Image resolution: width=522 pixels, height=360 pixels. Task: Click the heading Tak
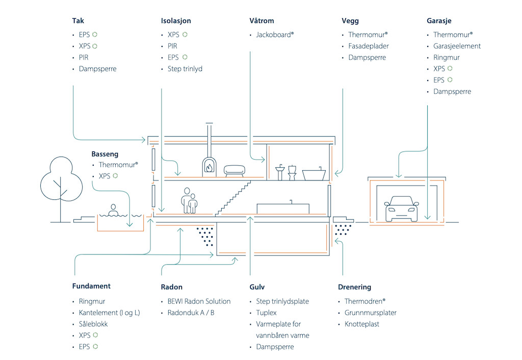[x=77, y=21]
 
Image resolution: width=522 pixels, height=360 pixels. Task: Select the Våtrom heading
[x=262, y=21]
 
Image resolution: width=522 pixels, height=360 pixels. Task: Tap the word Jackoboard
[x=274, y=35]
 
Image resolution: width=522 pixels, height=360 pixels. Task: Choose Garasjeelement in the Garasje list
[x=457, y=46]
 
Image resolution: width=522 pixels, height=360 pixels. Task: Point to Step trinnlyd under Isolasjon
[x=185, y=68]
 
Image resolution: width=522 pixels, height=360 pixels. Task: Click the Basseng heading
[x=105, y=153]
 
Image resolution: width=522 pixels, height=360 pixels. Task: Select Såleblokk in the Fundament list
[x=93, y=324]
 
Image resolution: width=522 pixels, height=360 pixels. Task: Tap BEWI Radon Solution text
[x=199, y=301]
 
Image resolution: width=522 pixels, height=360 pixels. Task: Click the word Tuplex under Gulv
[x=266, y=313]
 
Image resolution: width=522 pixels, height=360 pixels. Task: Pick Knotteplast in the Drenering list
[x=361, y=324]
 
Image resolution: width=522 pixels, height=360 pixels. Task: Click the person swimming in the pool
[x=113, y=210]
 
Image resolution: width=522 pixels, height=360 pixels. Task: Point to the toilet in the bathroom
[x=293, y=172]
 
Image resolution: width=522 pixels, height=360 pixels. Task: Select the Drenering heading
[x=354, y=287]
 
